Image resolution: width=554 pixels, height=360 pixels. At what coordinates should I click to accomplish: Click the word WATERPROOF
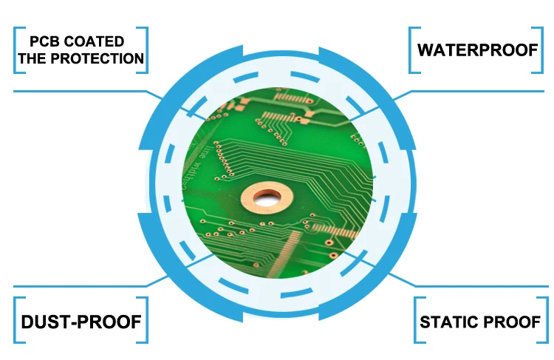(x=476, y=50)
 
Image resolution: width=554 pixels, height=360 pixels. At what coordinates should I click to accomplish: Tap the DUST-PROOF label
(x=81, y=322)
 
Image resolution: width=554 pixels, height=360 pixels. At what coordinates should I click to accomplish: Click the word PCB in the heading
(x=44, y=41)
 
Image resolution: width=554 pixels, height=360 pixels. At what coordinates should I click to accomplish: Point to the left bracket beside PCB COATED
(x=16, y=50)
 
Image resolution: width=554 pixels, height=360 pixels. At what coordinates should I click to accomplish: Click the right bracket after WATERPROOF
(x=541, y=50)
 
